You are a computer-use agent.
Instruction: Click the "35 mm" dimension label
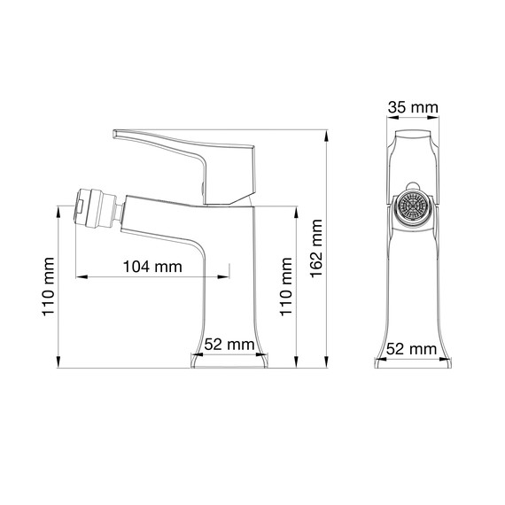point(413,109)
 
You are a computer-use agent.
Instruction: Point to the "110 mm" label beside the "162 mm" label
point(286,286)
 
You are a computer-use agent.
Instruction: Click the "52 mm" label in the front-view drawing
point(413,349)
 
